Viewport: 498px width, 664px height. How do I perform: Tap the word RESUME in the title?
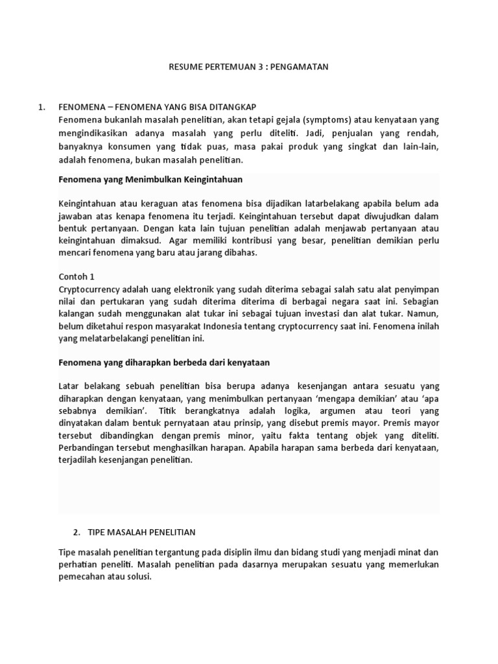click(x=185, y=66)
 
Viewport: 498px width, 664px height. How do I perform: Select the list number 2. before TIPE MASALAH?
click(x=77, y=532)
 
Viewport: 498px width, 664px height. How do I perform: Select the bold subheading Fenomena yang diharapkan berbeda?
click(x=163, y=362)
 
